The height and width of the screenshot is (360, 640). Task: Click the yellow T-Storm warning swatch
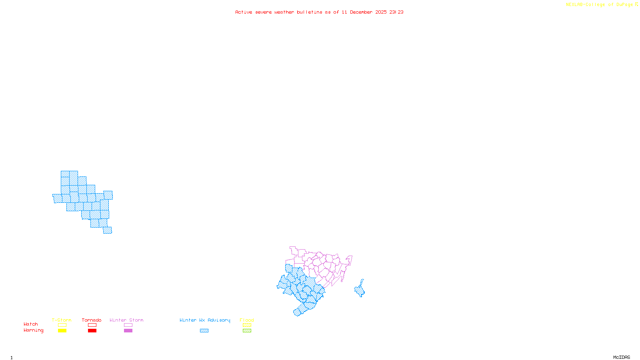coord(62,331)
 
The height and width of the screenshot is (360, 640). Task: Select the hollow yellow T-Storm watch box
coord(62,325)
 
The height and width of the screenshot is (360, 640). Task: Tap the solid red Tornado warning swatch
coord(92,331)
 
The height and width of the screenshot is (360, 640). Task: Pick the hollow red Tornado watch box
coord(92,325)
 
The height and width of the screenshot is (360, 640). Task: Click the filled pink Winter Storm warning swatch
coord(128,331)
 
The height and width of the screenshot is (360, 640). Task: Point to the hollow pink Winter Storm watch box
coord(128,325)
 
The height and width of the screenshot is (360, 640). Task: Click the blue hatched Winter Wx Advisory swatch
coord(204,331)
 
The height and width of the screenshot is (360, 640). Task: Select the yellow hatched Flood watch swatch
coord(247,325)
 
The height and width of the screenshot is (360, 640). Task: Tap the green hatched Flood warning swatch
coord(247,331)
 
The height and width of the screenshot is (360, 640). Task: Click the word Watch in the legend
coord(31,324)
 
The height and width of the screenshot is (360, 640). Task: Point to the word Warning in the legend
coord(33,330)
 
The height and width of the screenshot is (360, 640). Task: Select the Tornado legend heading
coord(92,320)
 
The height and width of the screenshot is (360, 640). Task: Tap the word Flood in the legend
coord(247,320)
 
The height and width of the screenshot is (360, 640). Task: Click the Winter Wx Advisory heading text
coord(205,320)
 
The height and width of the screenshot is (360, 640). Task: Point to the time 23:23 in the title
coord(396,12)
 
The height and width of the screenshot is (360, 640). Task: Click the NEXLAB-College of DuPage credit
coord(600,5)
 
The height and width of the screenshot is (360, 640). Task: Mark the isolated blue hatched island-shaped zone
coord(360,289)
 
